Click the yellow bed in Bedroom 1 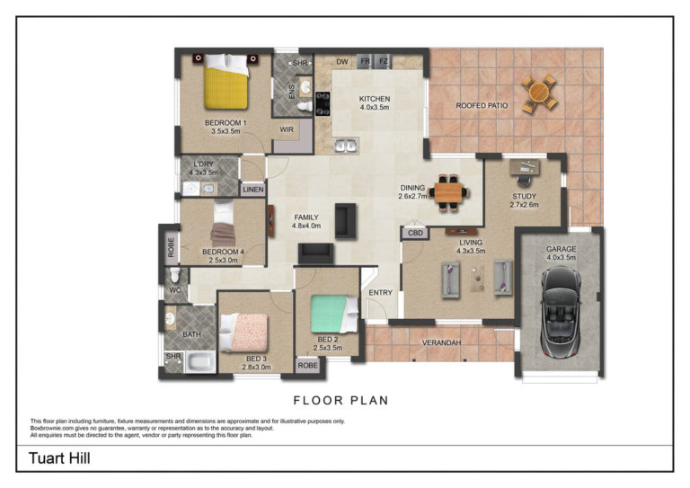tap(226, 82)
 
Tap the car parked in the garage tap(561, 312)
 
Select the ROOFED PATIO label tap(482, 106)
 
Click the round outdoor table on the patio tap(539, 93)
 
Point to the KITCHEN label tap(375, 99)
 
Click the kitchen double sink tap(345, 146)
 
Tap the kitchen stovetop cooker tap(323, 103)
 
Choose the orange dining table tap(448, 192)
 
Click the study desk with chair tap(525, 172)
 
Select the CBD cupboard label tap(415, 234)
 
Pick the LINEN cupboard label tap(253, 190)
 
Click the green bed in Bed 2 tap(334, 314)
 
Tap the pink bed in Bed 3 tap(243, 333)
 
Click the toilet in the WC tap(174, 275)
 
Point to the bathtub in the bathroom tap(200, 362)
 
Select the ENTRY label tap(381, 293)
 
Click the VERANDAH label tap(441, 342)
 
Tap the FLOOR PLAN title tap(341, 401)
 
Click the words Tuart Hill tap(59, 458)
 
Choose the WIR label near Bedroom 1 tap(287, 129)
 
